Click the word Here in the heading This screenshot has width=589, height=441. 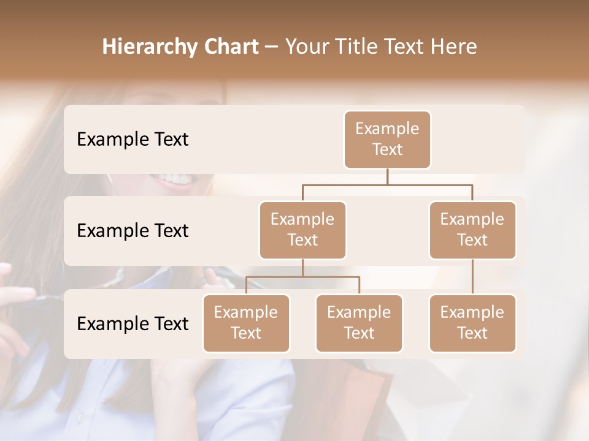pos(453,47)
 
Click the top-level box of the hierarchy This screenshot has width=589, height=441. pos(387,139)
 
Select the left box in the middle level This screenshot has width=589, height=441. pos(302,230)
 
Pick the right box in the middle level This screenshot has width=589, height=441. pos(472,230)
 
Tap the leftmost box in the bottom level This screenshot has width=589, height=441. pos(246,323)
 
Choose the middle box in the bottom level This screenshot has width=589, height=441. pos(359,323)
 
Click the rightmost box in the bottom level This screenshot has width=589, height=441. pos(472,323)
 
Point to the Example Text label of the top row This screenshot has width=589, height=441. pos(133,139)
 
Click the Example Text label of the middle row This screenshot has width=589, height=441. pos(133,230)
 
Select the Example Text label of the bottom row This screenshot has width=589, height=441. pos(133,323)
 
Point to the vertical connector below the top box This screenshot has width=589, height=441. pos(387,176)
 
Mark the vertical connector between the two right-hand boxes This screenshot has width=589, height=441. pos(472,277)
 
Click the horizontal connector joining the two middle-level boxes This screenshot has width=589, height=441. pos(387,184)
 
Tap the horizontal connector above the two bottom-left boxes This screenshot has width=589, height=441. pos(302,277)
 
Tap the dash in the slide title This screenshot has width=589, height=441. pos(272,47)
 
